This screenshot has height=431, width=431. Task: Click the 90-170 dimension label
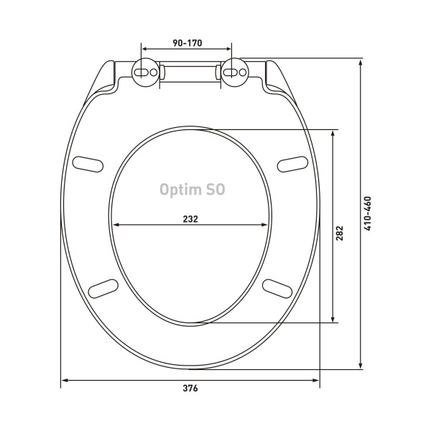(187, 43)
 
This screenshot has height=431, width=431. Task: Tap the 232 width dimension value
(190, 219)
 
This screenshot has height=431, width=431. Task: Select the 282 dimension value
(340, 233)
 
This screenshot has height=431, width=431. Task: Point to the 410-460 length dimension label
(368, 213)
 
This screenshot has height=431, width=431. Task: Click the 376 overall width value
(190, 388)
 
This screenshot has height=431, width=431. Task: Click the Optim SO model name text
(193, 190)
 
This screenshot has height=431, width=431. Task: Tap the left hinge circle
(146, 73)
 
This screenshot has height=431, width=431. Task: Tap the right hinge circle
(235, 73)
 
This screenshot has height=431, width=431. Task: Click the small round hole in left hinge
(154, 73)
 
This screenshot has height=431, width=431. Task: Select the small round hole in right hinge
(243, 73)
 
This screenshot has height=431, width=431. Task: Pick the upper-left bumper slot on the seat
(88, 164)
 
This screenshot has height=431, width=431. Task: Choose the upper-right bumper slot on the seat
(292, 164)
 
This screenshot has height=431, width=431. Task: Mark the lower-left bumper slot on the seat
(103, 289)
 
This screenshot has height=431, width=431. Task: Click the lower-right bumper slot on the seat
(277, 289)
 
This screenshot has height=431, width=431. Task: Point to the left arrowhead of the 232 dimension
(116, 225)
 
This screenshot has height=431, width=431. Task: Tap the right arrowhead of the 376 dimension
(316, 381)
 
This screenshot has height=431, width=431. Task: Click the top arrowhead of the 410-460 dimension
(361, 62)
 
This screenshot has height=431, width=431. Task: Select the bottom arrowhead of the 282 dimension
(333, 319)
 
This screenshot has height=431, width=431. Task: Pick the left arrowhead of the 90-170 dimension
(145, 49)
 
